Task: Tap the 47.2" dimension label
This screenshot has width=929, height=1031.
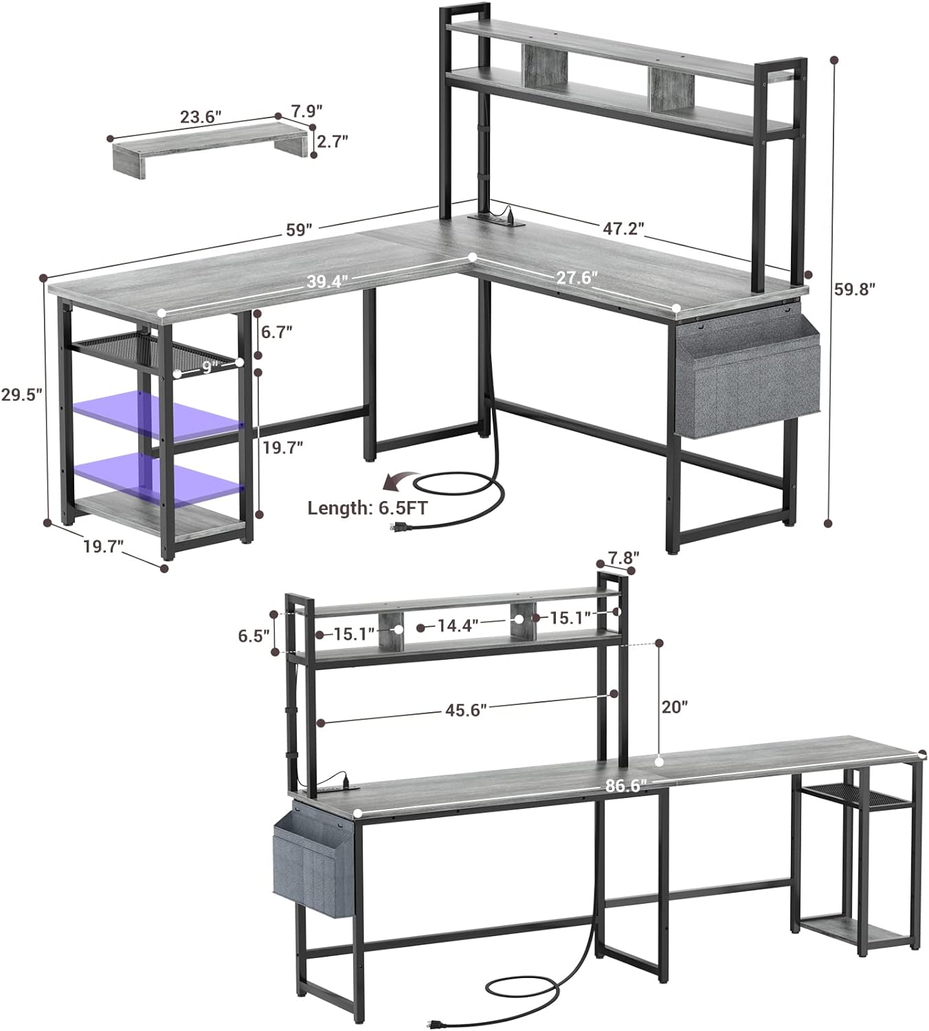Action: click(x=623, y=228)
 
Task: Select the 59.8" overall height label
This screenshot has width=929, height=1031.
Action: click(x=854, y=289)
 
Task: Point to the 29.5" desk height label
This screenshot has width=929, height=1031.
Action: click(x=21, y=395)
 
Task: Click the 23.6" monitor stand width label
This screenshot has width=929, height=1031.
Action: click(x=201, y=117)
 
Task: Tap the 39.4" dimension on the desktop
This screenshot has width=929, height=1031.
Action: click(x=328, y=281)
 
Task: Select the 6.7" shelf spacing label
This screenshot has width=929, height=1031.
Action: click(x=277, y=332)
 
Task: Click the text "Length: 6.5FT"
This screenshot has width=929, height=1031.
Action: click(x=368, y=509)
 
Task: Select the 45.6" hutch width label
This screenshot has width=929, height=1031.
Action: click(x=466, y=710)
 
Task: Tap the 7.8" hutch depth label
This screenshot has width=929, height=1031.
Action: click(x=623, y=557)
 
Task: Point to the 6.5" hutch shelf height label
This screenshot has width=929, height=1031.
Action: click(x=254, y=636)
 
